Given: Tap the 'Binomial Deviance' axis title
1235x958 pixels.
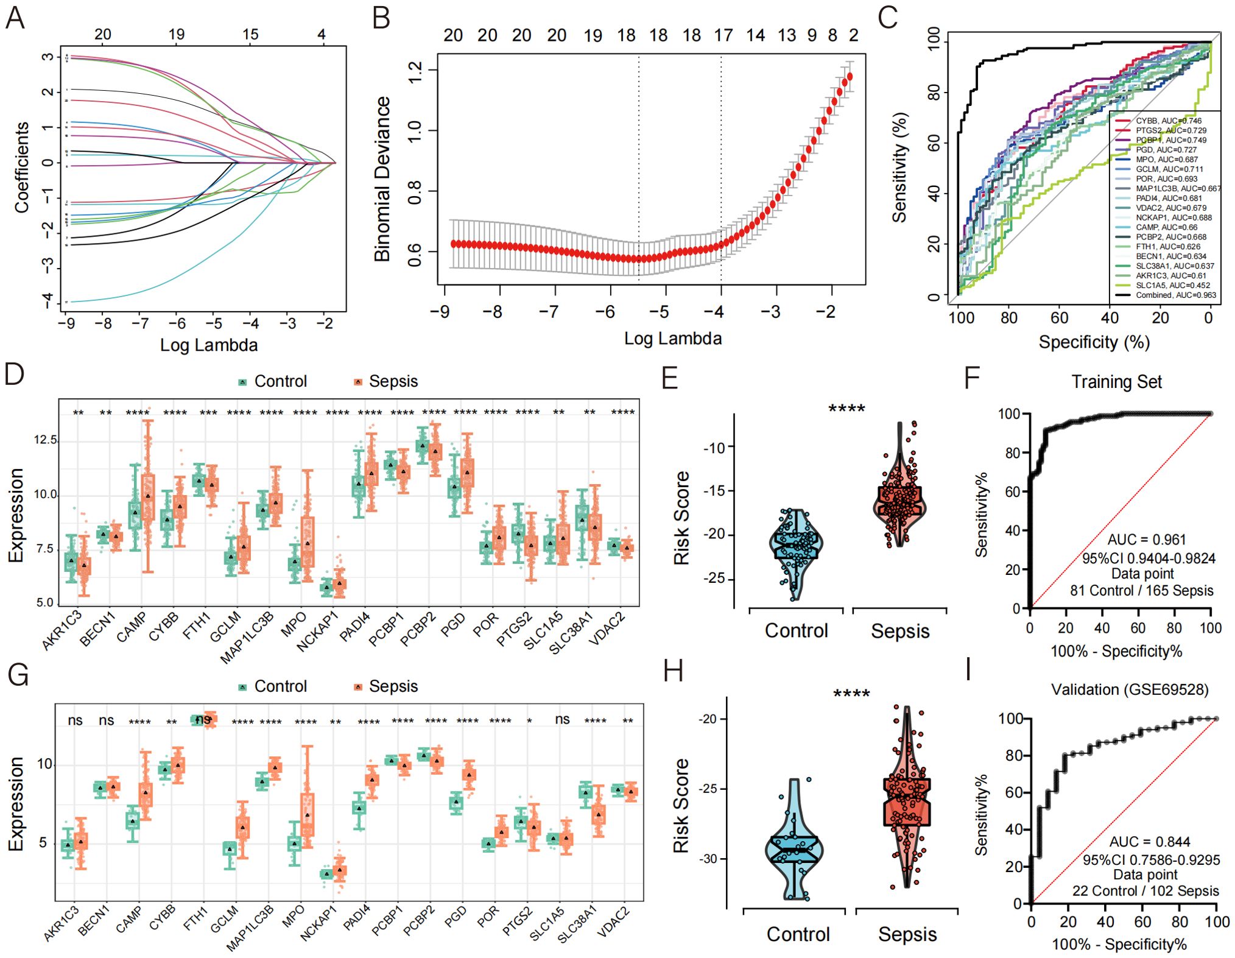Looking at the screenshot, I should [382, 179].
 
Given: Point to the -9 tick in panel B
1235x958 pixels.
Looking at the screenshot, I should [440, 312].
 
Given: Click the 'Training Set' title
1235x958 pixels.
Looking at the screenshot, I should [1116, 382].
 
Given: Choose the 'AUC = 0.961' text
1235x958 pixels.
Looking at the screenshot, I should [1146, 540].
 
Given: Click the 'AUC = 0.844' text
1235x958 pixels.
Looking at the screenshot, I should [1149, 842].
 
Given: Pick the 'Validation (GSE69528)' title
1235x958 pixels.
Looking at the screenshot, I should [1130, 689].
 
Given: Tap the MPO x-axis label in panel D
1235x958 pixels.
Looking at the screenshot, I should [294, 625].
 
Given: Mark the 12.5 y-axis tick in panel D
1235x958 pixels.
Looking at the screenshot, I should [45, 440].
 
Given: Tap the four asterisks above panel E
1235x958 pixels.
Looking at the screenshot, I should [846, 409].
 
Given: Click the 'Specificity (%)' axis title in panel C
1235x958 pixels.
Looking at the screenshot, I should [1094, 342].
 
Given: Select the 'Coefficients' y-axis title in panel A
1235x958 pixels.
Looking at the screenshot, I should [22, 167].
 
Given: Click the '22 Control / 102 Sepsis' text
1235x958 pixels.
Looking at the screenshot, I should [1145, 891].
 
